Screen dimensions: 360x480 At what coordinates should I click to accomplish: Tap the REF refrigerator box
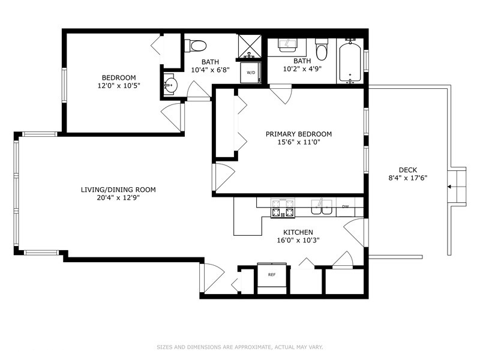pos(271,275)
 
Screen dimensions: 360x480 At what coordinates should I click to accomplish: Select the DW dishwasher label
pos(346,207)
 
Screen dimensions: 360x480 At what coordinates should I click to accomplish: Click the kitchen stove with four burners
pos(283,208)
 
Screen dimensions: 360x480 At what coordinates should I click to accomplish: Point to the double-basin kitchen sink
pos(322,207)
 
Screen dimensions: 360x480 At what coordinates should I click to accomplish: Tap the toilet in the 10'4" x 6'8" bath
pos(196,45)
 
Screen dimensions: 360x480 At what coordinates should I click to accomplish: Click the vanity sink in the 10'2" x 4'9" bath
pos(286,46)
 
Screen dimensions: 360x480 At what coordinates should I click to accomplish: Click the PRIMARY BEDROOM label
pos(298,134)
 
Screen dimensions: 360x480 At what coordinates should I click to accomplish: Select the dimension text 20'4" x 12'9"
pos(118,198)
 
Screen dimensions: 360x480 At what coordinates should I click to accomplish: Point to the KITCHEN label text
pos(298,232)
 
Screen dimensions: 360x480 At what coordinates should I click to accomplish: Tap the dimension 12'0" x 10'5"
pos(118,86)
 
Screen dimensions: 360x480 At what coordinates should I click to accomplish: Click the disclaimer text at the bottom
pos(239,347)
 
